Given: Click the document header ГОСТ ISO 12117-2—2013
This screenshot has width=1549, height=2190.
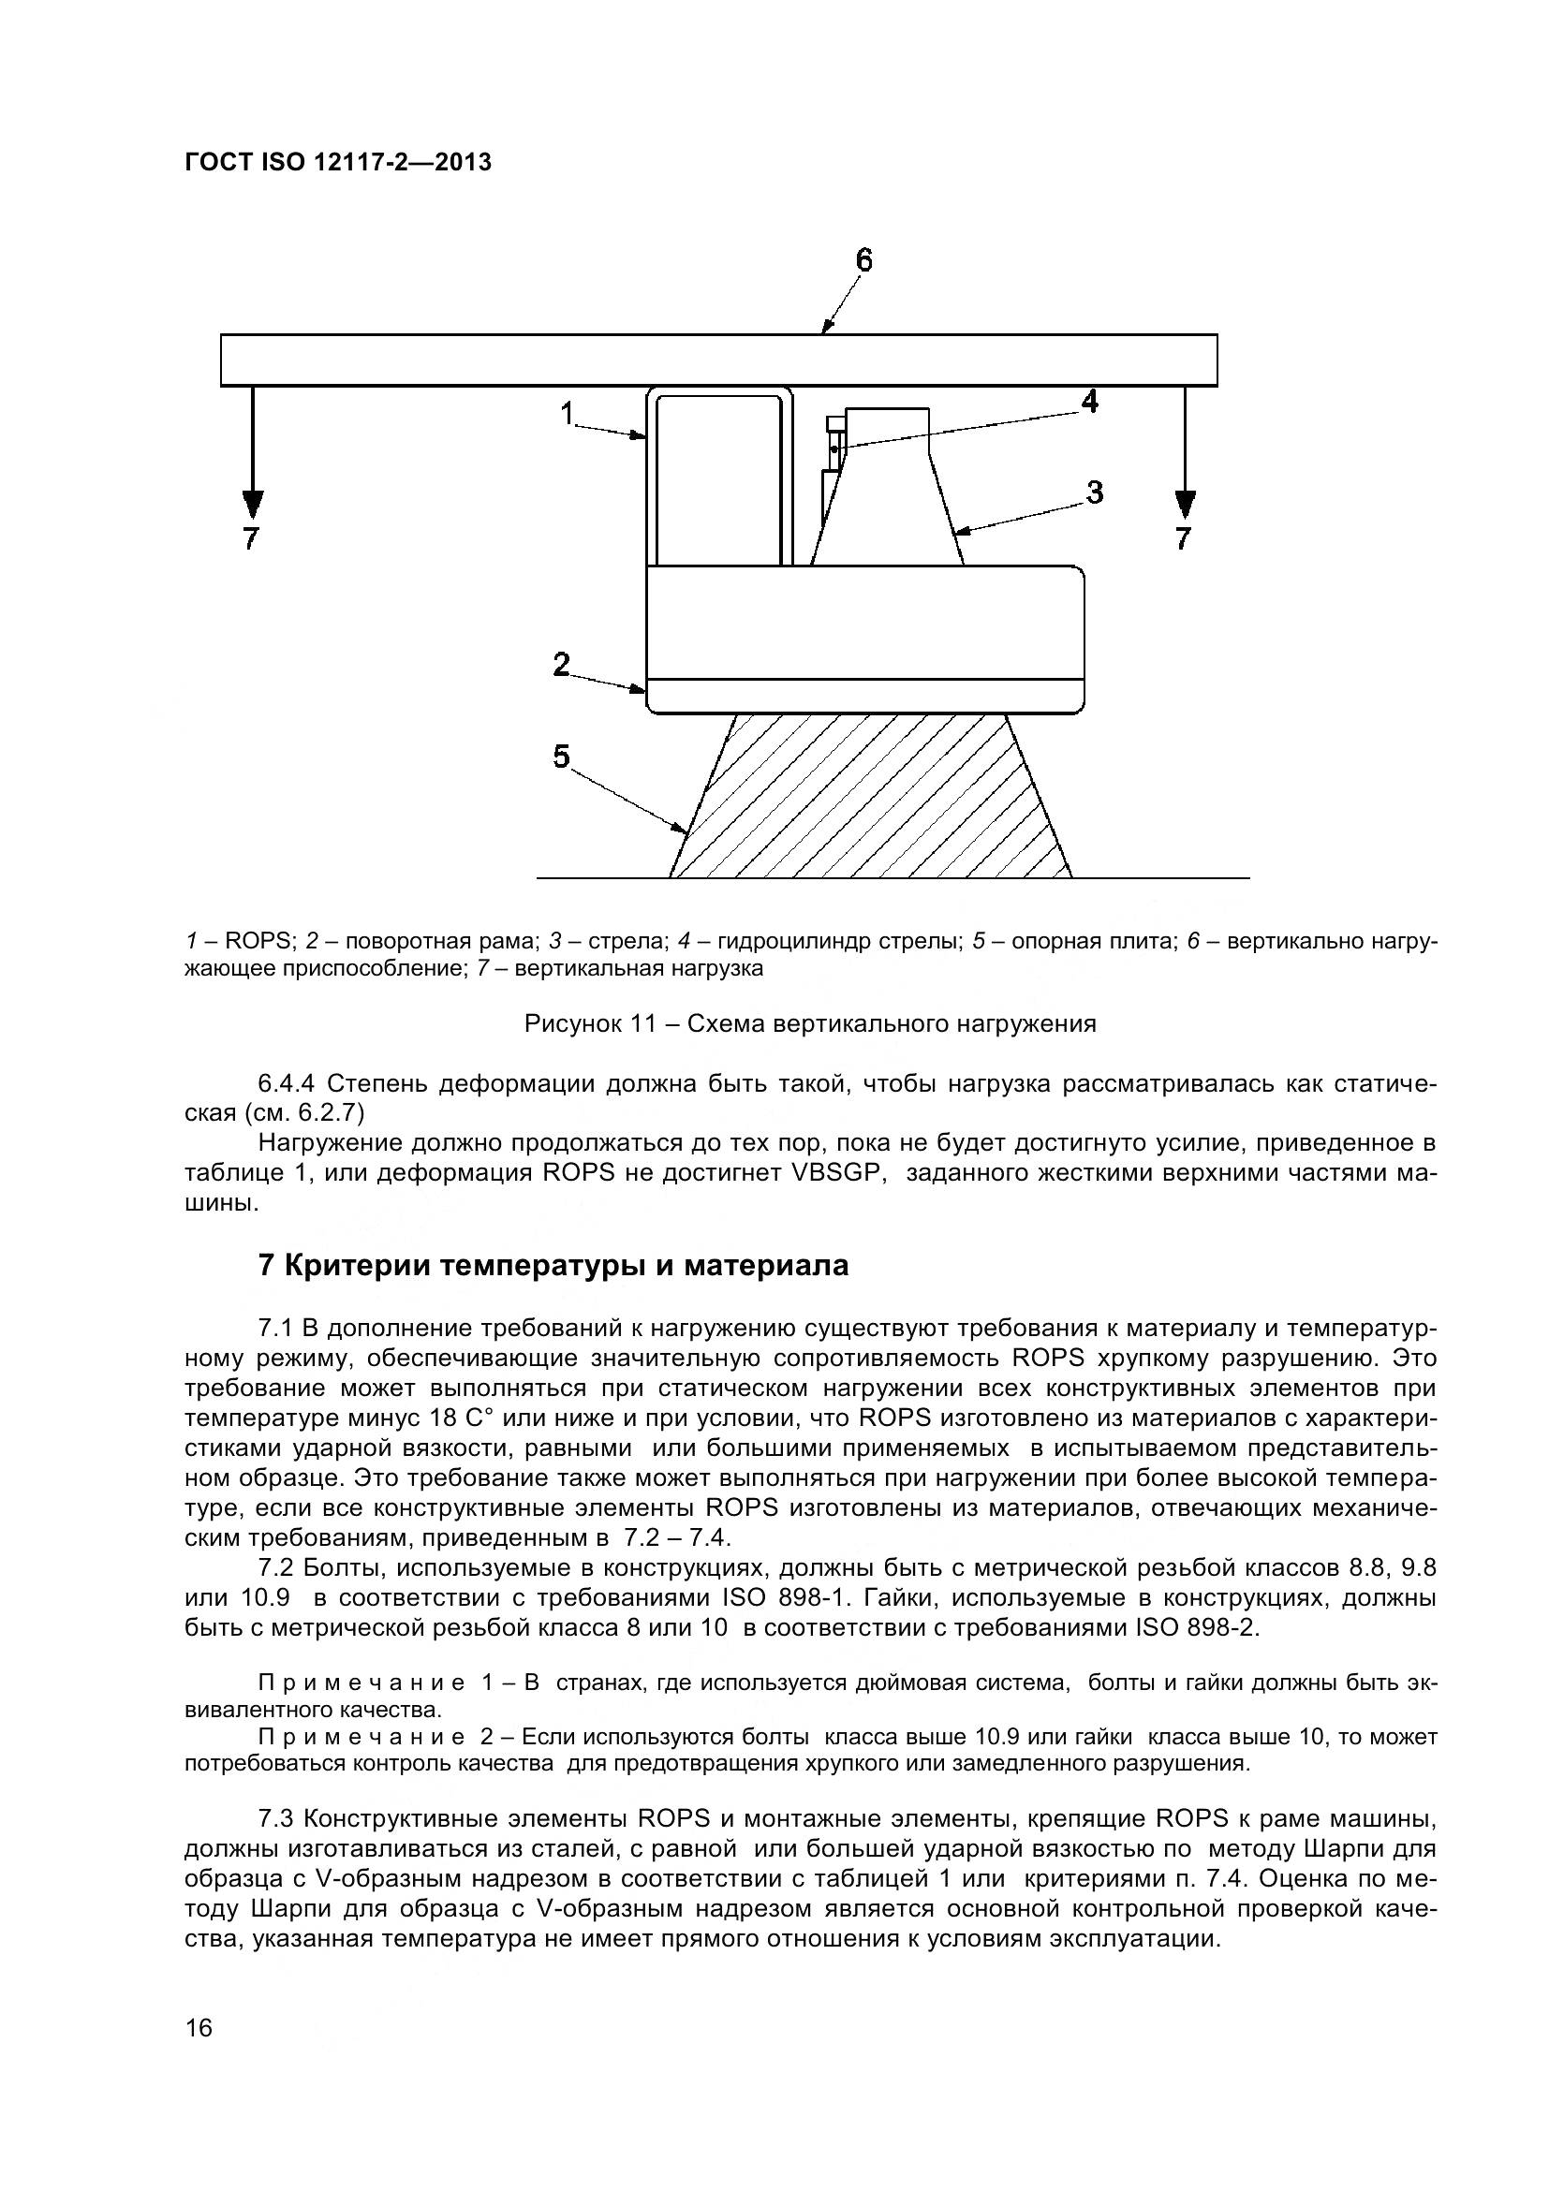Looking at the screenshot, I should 338,162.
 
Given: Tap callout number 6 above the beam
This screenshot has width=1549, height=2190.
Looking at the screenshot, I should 863,259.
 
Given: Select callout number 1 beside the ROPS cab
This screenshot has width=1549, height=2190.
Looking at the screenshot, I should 568,414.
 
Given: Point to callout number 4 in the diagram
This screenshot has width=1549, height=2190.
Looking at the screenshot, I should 1088,401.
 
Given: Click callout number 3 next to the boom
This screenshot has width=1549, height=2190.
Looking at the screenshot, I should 1094,492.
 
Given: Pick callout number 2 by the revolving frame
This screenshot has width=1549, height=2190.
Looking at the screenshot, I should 562,664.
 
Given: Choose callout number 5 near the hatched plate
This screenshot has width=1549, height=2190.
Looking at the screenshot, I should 562,757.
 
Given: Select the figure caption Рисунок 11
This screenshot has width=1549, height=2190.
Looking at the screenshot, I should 810,1024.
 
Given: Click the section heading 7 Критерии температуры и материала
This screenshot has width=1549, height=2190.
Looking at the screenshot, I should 553,1266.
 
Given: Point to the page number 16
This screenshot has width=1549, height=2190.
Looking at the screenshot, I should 199,2053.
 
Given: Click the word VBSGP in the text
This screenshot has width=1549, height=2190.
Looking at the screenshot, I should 838,1172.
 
